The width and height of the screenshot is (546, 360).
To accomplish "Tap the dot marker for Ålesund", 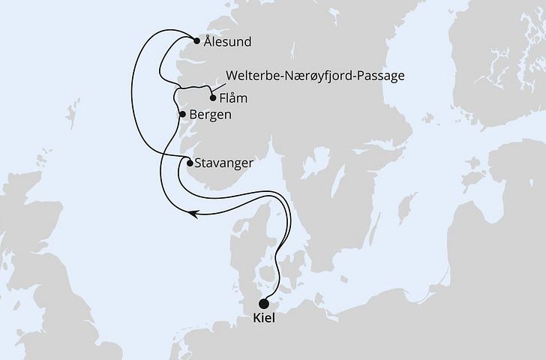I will click(x=196, y=41).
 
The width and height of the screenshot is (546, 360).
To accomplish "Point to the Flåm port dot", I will click(x=213, y=97).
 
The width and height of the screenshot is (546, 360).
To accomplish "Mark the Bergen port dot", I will click(x=182, y=114).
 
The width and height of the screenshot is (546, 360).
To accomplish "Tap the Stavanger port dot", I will click(x=189, y=163).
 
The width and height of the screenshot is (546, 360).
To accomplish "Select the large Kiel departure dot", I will click(x=263, y=304).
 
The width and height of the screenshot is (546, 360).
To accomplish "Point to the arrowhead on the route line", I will click(x=194, y=214).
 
